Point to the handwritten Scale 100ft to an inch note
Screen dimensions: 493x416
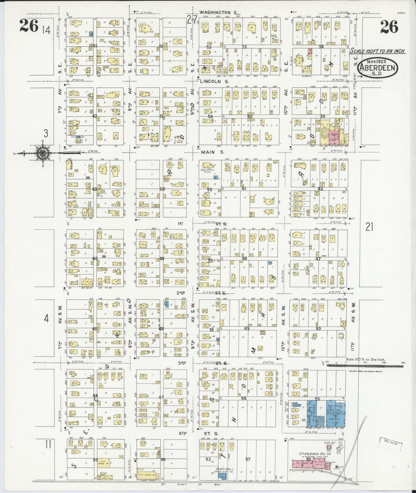377,51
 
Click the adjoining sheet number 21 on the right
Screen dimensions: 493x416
369,227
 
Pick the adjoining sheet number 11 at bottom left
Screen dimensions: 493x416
48,453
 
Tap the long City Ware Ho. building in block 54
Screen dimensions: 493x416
148,475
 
